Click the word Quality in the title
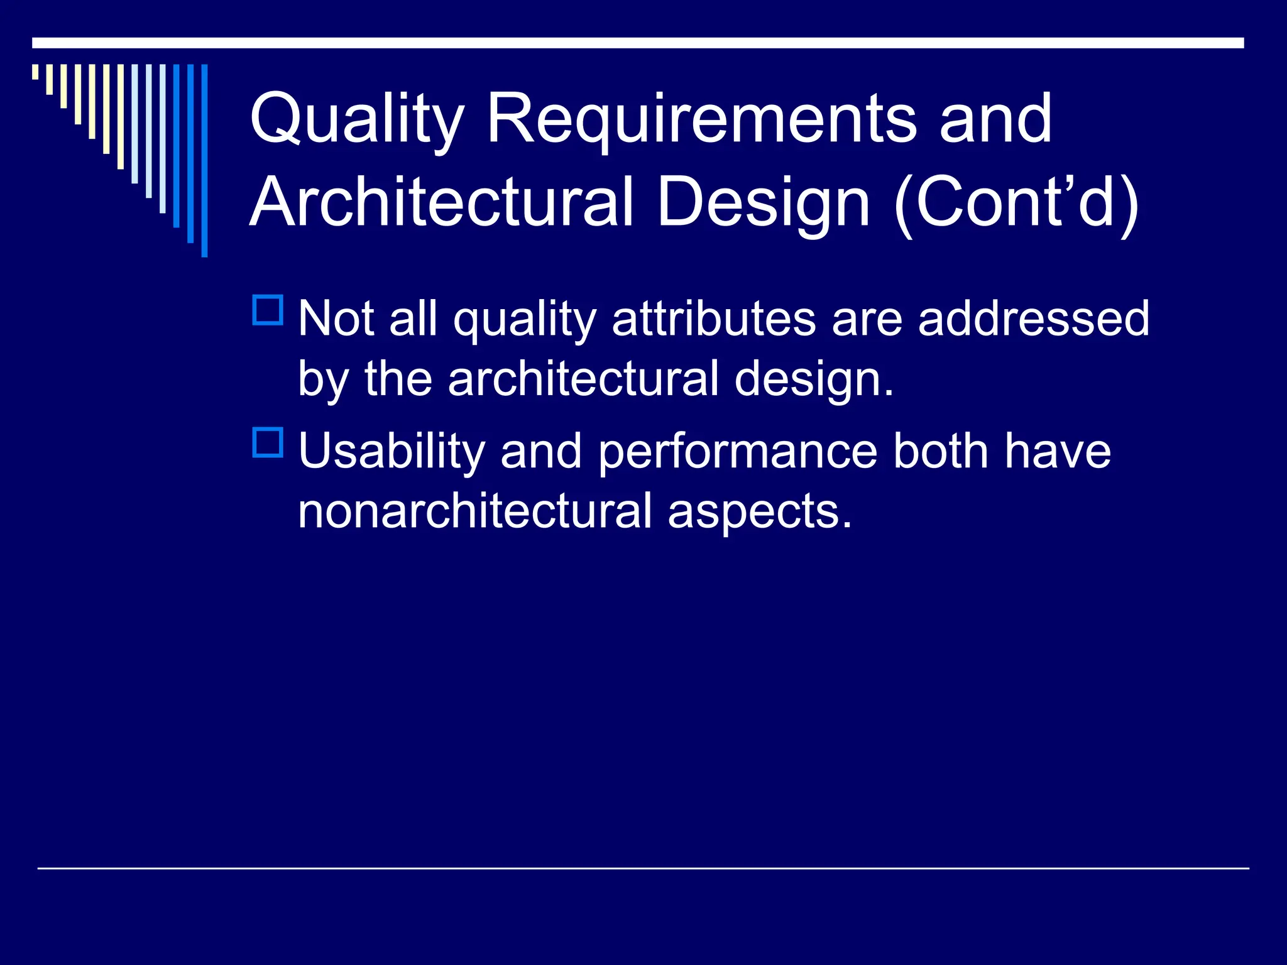click(356, 119)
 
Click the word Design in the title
click(764, 202)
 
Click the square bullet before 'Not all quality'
click(268, 310)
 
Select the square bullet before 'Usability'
click(268, 442)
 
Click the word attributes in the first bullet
click(714, 319)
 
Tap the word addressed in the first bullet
click(1034, 319)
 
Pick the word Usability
click(392, 452)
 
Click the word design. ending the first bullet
click(814, 379)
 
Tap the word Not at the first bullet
click(336, 319)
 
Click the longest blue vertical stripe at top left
click(204, 160)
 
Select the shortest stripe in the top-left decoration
click(35, 72)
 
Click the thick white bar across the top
click(638, 43)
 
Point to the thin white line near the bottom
click(643, 868)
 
